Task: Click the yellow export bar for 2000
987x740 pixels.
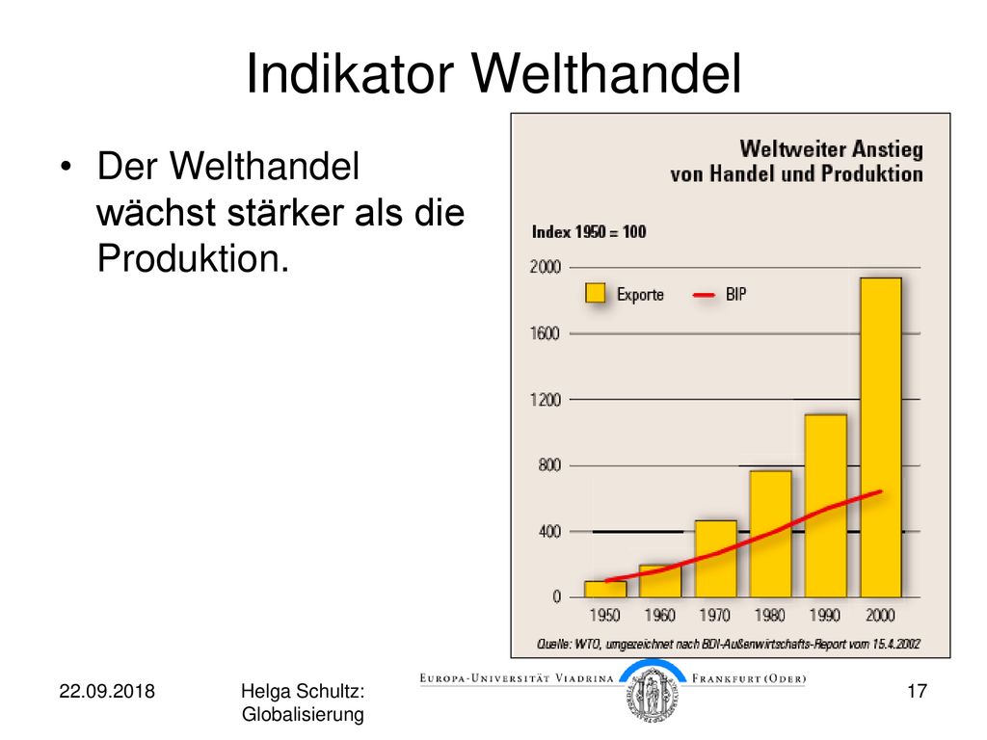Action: (x=881, y=437)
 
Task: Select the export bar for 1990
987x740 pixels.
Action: (x=825, y=506)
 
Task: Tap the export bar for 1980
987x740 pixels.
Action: (x=770, y=534)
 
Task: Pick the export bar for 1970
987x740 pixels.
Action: (x=716, y=559)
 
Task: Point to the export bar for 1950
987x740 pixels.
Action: (x=605, y=589)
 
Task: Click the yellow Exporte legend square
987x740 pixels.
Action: (x=595, y=293)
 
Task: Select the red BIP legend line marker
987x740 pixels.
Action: (x=703, y=295)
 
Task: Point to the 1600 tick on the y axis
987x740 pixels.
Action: (x=546, y=333)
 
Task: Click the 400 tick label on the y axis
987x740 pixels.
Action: (x=549, y=532)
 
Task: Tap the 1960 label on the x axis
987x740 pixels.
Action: (x=659, y=615)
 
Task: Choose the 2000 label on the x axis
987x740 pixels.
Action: (x=880, y=615)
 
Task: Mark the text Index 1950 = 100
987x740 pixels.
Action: (x=589, y=232)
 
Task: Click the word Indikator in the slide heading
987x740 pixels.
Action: (x=350, y=73)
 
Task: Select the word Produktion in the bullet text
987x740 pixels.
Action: (x=193, y=258)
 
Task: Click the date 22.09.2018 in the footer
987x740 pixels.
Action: (x=107, y=691)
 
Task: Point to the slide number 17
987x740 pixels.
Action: (x=918, y=691)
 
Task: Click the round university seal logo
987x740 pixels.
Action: (x=653, y=694)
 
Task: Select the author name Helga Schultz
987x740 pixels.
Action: (x=303, y=691)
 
